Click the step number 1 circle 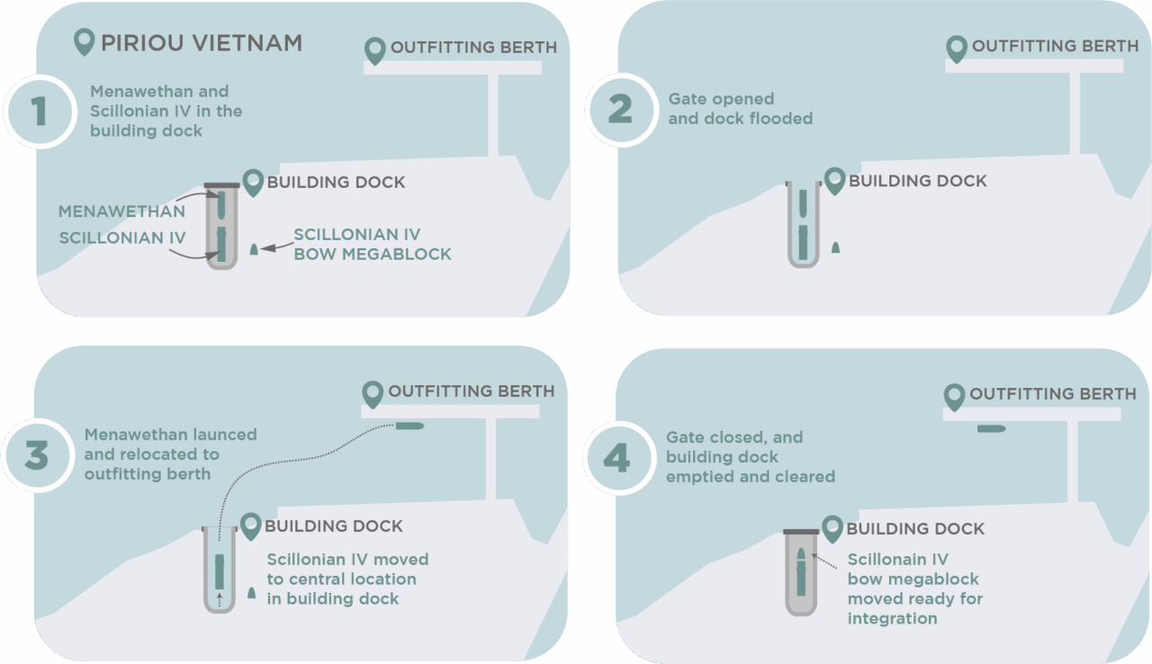[x=38, y=111]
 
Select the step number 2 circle [x=620, y=110]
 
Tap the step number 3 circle [x=36, y=455]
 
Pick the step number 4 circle [x=617, y=459]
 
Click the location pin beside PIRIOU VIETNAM [x=85, y=41]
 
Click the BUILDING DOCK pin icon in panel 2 [x=834, y=180]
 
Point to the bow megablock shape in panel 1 [x=255, y=248]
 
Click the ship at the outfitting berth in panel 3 [x=410, y=425]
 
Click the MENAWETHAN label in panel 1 [x=121, y=211]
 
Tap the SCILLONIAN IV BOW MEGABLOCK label [x=372, y=244]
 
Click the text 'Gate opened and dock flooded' [x=740, y=108]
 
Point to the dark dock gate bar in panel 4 [x=801, y=532]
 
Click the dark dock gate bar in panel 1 [x=221, y=185]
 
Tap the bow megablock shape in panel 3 [x=251, y=593]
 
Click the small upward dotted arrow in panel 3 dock [x=219, y=597]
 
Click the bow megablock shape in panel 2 [x=835, y=247]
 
